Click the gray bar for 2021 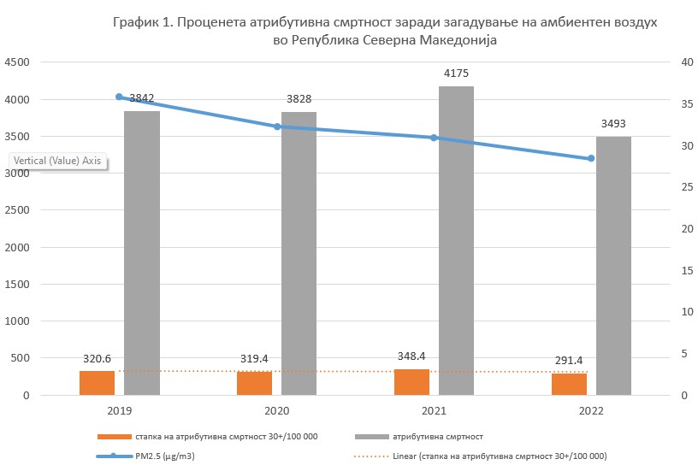click(x=456, y=240)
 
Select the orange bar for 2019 click(x=97, y=383)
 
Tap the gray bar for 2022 click(x=613, y=266)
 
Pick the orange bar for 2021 click(x=411, y=382)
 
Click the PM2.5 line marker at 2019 click(x=119, y=97)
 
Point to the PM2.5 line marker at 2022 click(x=591, y=159)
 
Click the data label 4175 click(x=456, y=74)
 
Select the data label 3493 click(x=613, y=124)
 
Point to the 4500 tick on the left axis click(x=18, y=62)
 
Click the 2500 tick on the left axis click(x=18, y=210)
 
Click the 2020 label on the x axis click(x=276, y=411)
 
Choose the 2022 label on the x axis click(x=591, y=411)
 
